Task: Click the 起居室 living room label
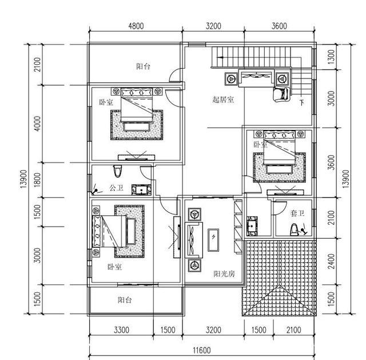[x=223, y=99]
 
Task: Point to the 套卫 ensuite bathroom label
[x=297, y=213]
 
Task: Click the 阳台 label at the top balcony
[x=143, y=66]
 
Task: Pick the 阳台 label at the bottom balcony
[x=126, y=299]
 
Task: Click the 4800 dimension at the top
[x=136, y=26]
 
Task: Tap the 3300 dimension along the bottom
[x=121, y=330]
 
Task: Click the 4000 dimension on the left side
[x=37, y=124]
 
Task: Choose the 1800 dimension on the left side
[x=37, y=180]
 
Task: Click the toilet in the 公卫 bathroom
[x=118, y=171]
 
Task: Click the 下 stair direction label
[x=301, y=104]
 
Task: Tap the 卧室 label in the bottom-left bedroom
[x=114, y=267]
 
